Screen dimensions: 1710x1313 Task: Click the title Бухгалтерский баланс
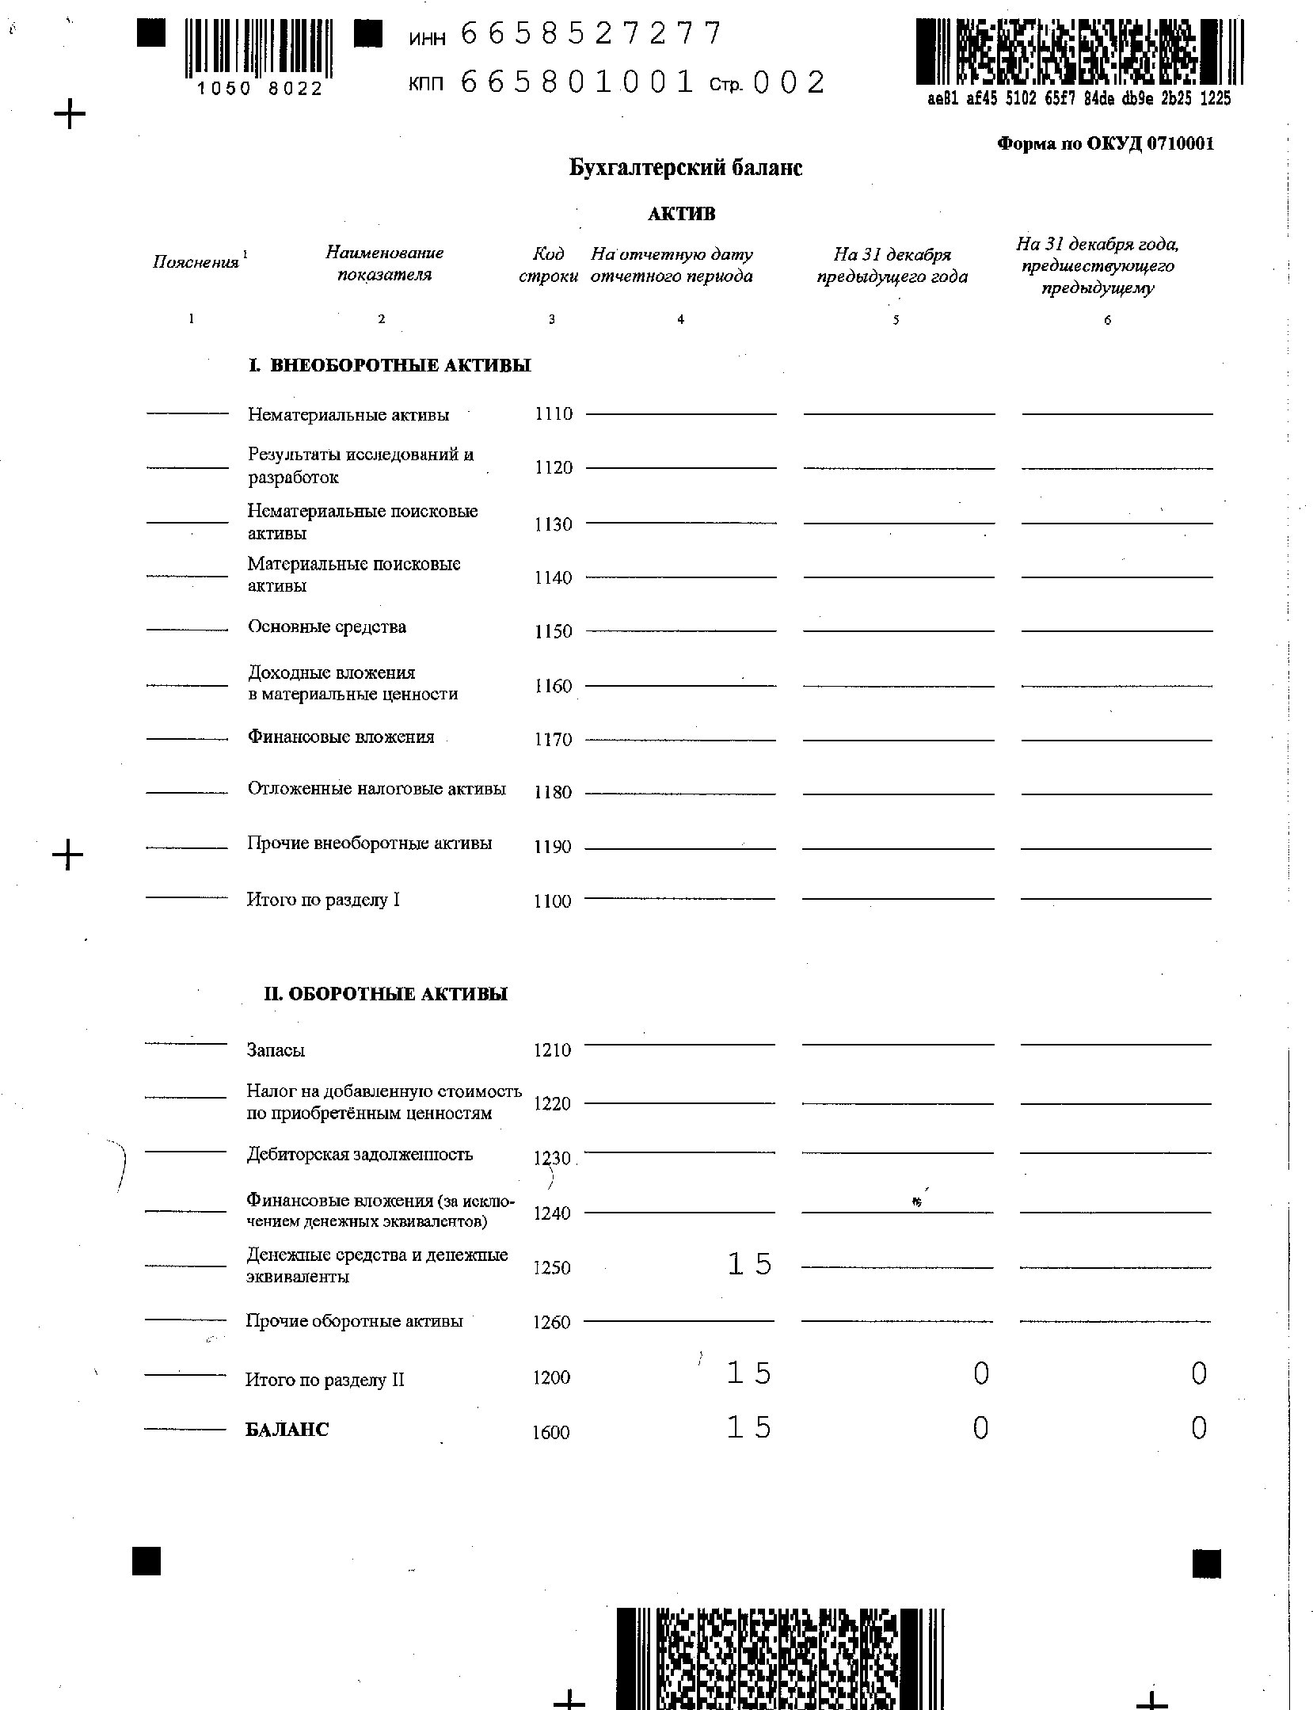[x=686, y=168]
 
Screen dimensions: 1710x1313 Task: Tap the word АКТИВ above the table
[x=681, y=214]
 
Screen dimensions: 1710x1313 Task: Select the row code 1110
[x=554, y=413]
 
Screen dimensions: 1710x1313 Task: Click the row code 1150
[x=554, y=631]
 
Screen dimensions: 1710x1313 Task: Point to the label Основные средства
[x=327, y=626]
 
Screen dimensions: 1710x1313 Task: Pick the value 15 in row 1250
[x=749, y=1264]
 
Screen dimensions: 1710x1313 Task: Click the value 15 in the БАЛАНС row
[x=749, y=1427]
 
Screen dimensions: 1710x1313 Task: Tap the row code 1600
[x=551, y=1432]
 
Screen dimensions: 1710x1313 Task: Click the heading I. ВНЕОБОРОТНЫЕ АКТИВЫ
[x=390, y=365]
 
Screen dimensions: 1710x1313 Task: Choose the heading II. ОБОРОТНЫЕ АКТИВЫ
[x=386, y=994]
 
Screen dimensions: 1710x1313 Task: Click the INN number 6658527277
[x=591, y=34]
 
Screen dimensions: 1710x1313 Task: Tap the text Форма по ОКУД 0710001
[x=1105, y=143]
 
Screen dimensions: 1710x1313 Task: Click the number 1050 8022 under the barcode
[x=261, y=89]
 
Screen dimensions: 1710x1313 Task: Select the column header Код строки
[x=548, y=265]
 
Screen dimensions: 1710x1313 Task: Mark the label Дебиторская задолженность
[x=360, y=1154]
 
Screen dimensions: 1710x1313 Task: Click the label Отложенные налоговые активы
[x=376, y=789]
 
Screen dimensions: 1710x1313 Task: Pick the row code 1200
[x=551, y=1377]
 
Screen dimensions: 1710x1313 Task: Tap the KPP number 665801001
[x=577, y=82]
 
